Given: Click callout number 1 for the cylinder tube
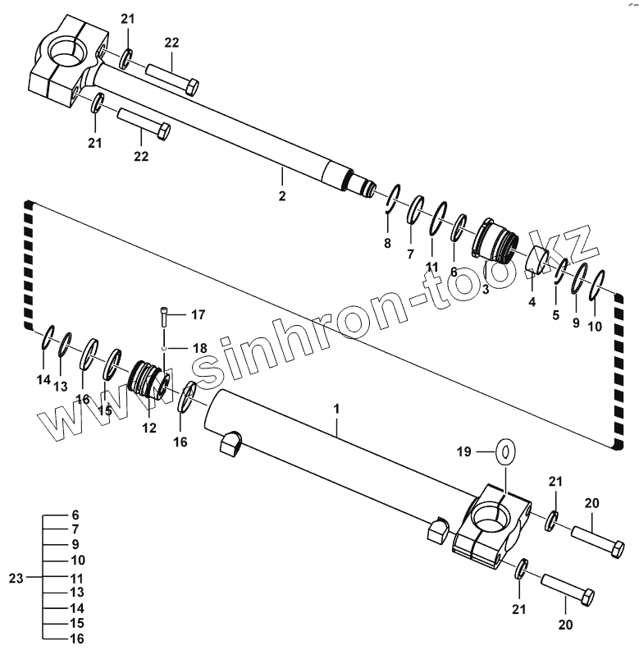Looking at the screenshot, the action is (335, 407).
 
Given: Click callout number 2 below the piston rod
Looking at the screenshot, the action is (281, 196).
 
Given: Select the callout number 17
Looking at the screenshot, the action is (198, 314).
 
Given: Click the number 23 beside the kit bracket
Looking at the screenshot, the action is (16, 578).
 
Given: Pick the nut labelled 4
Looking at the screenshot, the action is (536, 260).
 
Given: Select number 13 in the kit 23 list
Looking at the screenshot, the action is (75, 593).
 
